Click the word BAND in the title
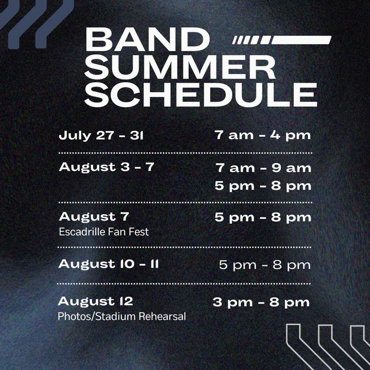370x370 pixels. pyautogui.click(x=147, y=39)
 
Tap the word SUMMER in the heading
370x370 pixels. pyautogui.click(x=180, y=67)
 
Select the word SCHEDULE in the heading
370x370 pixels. pyautogui.click(x=201, y=95)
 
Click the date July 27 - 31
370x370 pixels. pyautogui.click(x=101, y=135)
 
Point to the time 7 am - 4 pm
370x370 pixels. pyautogui.click(x=263, y=135)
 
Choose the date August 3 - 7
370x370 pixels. pyautogui.click(x=107, y=167)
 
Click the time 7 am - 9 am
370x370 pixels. pyautogui.click(x=263, y=168)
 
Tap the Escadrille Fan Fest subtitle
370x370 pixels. pyautogui.click(x=104, y=232)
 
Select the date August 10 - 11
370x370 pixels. pyautogui.click(x=108, y=264)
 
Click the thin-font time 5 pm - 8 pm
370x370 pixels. pyautogui.click(x=265, y=265)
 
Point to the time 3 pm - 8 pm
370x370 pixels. pyautogui.click(x=261, y=303)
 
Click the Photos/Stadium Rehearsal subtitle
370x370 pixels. pyautogui.click(x=122, y=317)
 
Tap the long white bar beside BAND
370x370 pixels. pyautogui.click(x=301, y=40)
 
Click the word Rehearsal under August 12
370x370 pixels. pyautogui.click(x=162, y=317)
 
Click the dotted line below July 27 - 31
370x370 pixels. pyautogui.click(x=186, y=153)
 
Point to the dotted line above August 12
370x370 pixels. pyautogui.click(x=184, y=284)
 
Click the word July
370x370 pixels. pyautogui.click(x=75, y=136)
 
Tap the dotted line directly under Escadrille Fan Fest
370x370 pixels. pyautogui.click(x=184, y=247)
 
